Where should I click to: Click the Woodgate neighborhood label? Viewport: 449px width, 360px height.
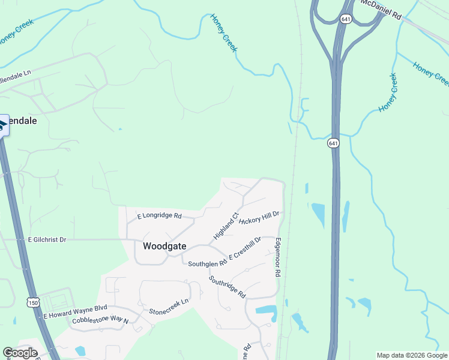(164, 246)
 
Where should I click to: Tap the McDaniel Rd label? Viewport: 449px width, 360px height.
(381, 10)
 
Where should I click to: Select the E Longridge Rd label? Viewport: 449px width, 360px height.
(159, 215)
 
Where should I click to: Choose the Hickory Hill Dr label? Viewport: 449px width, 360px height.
(259, 218)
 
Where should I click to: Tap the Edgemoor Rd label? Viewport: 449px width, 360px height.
(278, 256)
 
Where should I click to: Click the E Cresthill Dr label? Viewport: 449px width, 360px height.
(245, 250)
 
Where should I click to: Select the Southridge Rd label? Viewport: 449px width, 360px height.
(228, 287)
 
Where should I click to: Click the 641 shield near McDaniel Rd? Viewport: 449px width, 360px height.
(345, 19)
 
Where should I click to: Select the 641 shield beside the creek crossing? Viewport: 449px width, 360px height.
(334, 143)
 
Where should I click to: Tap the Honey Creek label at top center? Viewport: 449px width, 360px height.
(224, 32)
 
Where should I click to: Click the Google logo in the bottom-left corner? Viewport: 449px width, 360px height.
(20, 353)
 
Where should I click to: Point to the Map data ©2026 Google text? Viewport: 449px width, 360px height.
(412, 355)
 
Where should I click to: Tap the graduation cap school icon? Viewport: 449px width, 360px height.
(2, 125)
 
